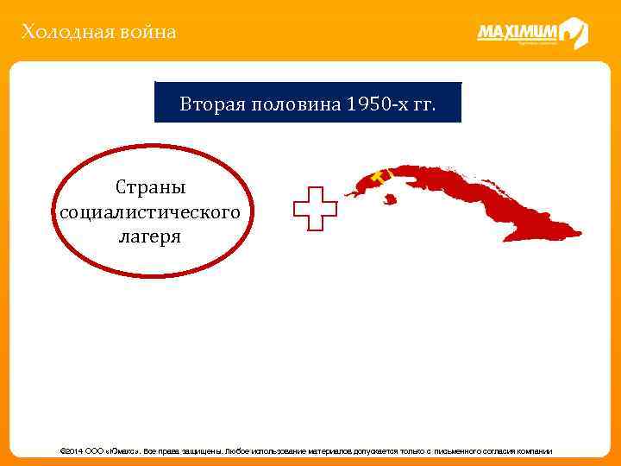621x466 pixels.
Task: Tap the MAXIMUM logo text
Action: point(517,33)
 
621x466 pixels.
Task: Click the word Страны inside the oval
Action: point(150,187)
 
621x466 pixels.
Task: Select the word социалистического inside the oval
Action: point(148,211)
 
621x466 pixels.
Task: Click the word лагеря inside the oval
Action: point(149,236)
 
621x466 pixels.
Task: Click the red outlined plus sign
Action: point(314,207)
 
